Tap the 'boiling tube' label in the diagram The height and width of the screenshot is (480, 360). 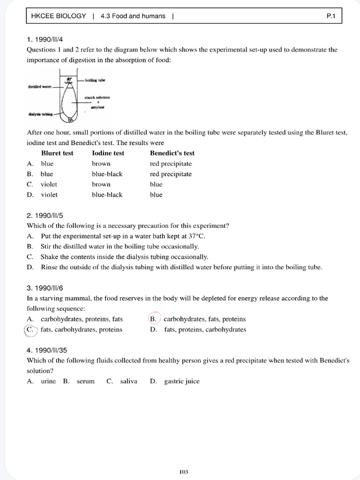(x=95, y=81)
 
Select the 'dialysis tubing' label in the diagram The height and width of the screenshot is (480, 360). (x=40, y=113)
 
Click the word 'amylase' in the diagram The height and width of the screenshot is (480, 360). (x=97, y=107)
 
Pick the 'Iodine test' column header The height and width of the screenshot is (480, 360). (x=108, y=153)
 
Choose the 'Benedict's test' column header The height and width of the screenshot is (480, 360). (x=172, y=153)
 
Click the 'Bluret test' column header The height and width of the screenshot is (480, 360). (x=57, y=153)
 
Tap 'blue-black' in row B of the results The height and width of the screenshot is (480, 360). (x=107, y=174)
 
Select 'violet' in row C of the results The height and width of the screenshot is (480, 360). (x=49, y=184)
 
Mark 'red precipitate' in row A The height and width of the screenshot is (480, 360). (x=171, y=164)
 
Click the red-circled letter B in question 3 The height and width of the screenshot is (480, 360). (x=153, y=319)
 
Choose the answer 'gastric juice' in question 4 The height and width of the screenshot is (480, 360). (x=182, y=381)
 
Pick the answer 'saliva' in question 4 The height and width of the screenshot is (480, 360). (x=128, y=381)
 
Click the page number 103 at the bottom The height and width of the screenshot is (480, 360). (x=184, y=459)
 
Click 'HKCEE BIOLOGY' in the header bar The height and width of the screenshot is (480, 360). (x=59, y=16)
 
